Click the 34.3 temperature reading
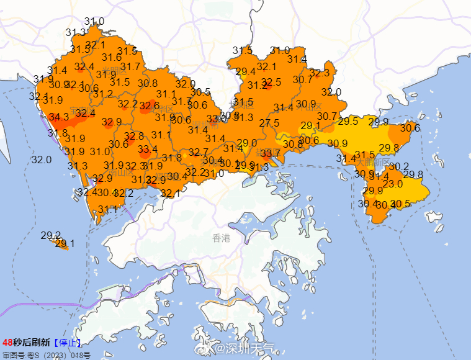click(59, 117)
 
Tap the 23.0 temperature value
click(392, 184)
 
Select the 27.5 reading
click(269, 123)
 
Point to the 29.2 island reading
click(51, 235)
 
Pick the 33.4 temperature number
click(148, 150)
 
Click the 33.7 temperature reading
click(270, 153)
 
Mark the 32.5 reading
click(271, 82)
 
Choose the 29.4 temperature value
click(246, 71)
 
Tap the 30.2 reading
click(399, 166)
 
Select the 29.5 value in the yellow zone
click(348, 121)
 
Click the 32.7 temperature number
click(199, 152)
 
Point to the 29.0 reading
click(247, 143)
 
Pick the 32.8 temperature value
click(134, 136)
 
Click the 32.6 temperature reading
click(150, 106)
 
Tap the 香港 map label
click(221, 238)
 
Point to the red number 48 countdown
click(7, 342)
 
